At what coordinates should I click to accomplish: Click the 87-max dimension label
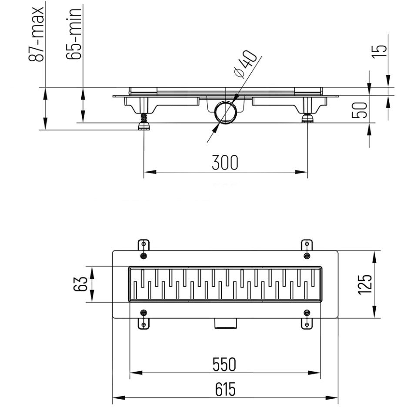(36, 34)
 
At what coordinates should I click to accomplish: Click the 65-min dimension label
(74, 34)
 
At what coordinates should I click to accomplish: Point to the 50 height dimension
(360, 110)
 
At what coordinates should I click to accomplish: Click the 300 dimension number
(225, 163)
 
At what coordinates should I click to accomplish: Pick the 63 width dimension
(80, 284)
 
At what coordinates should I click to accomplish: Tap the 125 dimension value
(365, 284)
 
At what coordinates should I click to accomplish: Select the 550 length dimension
(224, 364)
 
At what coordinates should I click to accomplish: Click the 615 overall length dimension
(225, 389)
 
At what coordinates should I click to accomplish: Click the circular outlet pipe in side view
(225, 113)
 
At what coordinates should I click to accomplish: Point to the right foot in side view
(307, 118)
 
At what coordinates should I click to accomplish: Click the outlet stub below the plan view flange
(225, 324)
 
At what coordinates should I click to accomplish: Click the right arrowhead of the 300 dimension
(301, 172)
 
